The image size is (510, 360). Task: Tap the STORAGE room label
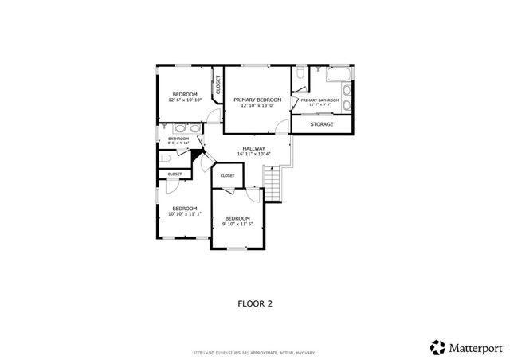pos(321,124)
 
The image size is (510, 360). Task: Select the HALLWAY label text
pos(253,148)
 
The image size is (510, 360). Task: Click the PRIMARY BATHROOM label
pos(320,100)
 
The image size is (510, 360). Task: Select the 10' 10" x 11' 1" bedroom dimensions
pos(184,213)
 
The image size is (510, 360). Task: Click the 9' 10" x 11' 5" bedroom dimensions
pos(237,224)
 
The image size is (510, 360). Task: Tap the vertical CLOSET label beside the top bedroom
pos(218,84)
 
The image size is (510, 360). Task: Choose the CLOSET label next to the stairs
pos(227,175)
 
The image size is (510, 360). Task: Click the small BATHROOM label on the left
pos(178,139)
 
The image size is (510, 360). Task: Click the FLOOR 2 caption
pos(255,303)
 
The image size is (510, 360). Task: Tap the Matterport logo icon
pos(437,346)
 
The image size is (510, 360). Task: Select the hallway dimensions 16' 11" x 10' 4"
pos(253,154)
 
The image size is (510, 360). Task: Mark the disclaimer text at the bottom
pos(255,351)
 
